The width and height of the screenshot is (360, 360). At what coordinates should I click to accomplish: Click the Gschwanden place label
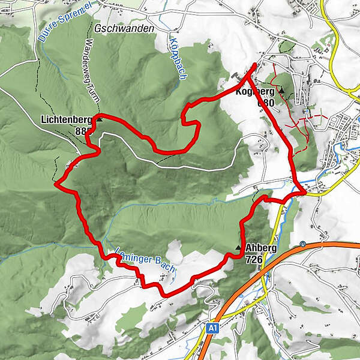[x=124, y=29]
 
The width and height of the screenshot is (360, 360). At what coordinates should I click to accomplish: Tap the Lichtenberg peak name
[x=66, y=119]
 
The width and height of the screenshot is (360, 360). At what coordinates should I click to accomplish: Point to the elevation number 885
[x=85, y=131]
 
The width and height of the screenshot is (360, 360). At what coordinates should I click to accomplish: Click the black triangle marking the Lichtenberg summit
[x=100, y=119]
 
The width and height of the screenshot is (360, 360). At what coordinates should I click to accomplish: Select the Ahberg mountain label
[x=260, y=248]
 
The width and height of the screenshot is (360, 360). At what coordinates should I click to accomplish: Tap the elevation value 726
[x=255, y=259]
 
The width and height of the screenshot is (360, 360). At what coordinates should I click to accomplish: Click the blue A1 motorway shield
[x=212, y=328]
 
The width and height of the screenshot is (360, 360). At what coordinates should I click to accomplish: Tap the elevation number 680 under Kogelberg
[x=265, y=103]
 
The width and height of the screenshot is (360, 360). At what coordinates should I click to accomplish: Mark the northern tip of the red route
[x=256, y=65]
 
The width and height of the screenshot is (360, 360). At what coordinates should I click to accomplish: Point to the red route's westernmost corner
[x=55, y=184]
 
